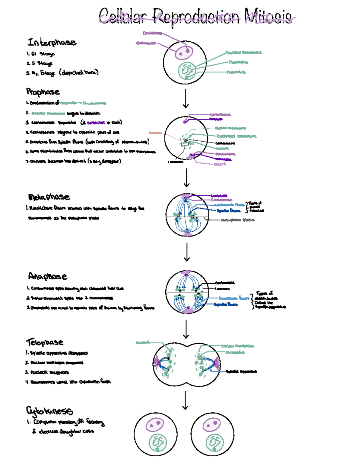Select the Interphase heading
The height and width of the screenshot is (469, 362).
click(52, 42)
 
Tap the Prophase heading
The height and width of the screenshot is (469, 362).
click(43, 92)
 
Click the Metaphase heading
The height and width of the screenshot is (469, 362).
click(49, 197)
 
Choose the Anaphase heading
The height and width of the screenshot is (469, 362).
click(47, 276)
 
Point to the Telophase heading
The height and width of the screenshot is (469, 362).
click(45, 342)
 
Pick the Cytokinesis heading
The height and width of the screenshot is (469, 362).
click(49, 411)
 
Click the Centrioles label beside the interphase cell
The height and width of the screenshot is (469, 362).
click(152, 33)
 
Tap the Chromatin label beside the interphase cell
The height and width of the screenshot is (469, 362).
click(238, 62)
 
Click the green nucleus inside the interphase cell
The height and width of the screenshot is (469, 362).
click(187, 71)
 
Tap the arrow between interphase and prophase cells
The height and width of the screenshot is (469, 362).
click(186, 98)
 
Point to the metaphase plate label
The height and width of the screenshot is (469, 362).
click(238, 220)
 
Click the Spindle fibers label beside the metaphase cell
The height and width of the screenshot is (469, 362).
click(228, 210)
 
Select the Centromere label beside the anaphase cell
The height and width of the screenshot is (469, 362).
click(225, 283)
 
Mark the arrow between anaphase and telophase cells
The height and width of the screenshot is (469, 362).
click(186, 329)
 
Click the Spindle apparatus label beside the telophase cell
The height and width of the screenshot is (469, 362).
click(241, 371)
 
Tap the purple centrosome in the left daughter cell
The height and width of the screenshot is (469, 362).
click(155, 425)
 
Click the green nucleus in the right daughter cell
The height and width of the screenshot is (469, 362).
click(214, 442)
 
